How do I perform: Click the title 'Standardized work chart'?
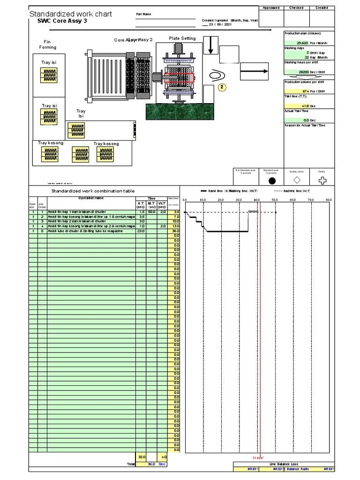pyautogui.click(x=71, y=14)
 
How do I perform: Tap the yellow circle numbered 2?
pyautogui.click(x=223, y=87)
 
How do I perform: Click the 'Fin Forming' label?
pyautogui.click(x=48, y=45)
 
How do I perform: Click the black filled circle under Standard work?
pyautogui.click(x=272, y=180)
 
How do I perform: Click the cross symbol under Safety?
pyautogui.click(x=322, y=180)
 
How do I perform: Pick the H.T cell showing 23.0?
pyautogui.click(x=141, y=231)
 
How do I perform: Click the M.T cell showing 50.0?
pyautogui.click(x=151, y=212)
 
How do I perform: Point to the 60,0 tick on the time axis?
pyautogui.click(x=292, y=200)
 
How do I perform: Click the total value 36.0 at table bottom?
pyautogui.click(x=151, y=464)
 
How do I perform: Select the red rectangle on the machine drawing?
pyautogui.click(x=179, y=77)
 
